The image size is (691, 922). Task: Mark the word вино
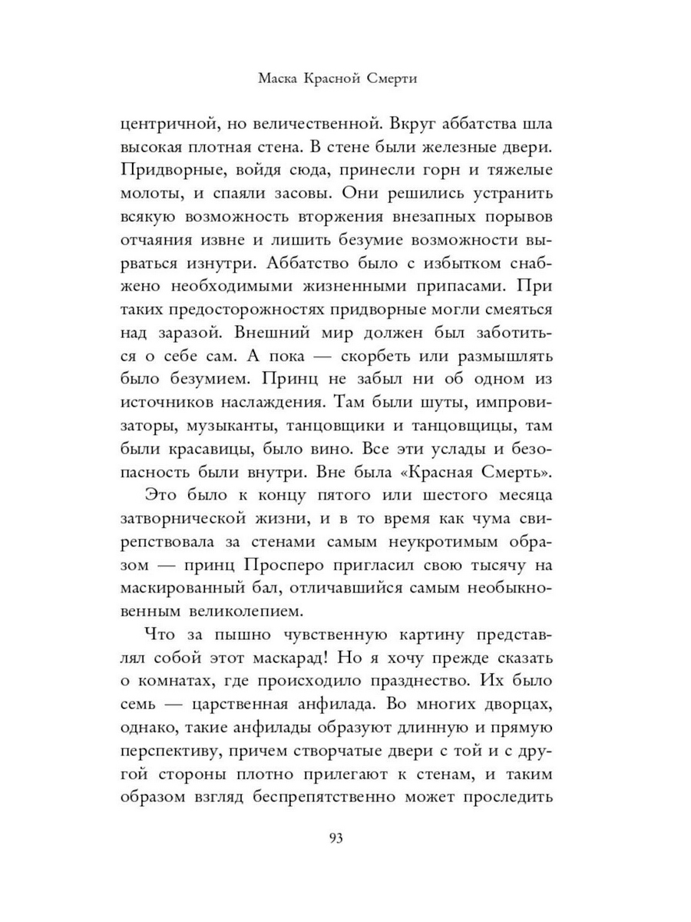click(309, 447)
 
